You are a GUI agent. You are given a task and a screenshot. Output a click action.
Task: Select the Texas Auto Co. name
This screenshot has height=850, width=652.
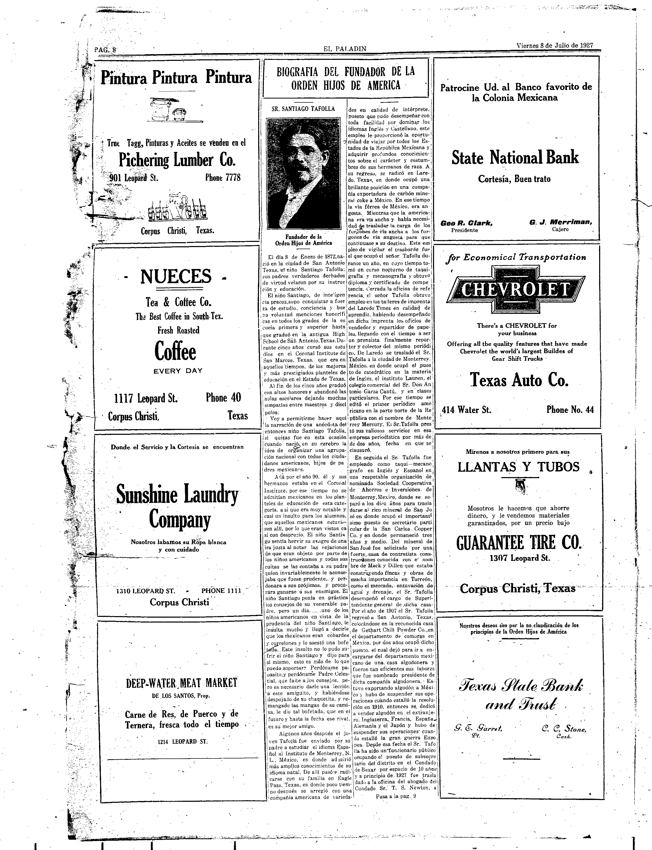(519, 379)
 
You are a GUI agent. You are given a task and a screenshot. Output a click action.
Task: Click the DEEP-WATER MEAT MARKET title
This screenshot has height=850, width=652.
(181, 683)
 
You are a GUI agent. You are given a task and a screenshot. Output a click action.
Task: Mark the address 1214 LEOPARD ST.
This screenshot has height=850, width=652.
(182, 742)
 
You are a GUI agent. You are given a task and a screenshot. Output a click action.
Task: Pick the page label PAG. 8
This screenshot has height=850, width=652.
(105, 50)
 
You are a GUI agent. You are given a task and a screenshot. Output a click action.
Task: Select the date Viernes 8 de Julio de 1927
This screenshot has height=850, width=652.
(555, 45)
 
